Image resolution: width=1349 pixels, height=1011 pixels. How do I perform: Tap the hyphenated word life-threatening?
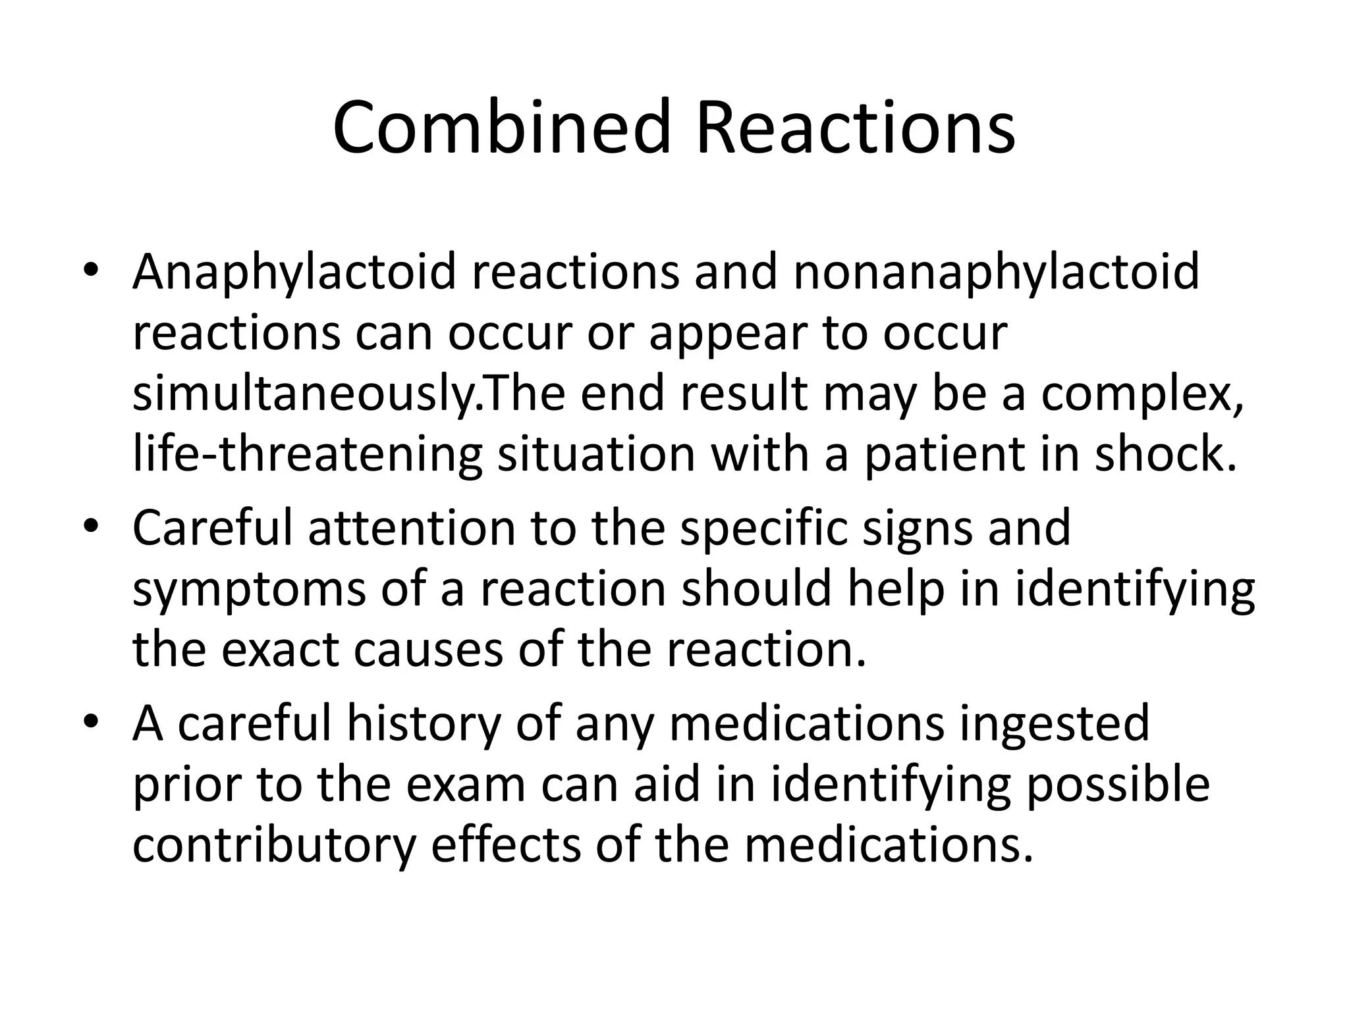click(x=307, y=455)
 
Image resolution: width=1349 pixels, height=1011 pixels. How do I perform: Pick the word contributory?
click(x=274, y=845)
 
